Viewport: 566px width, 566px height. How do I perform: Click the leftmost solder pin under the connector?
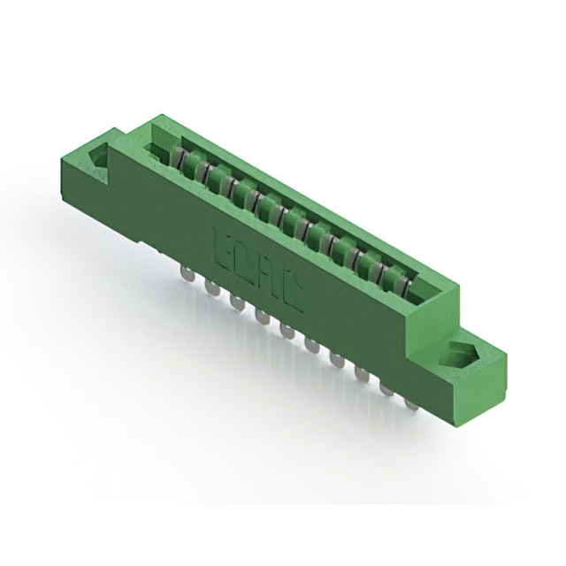pos(188,272)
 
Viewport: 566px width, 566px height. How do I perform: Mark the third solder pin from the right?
pos(362,374)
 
